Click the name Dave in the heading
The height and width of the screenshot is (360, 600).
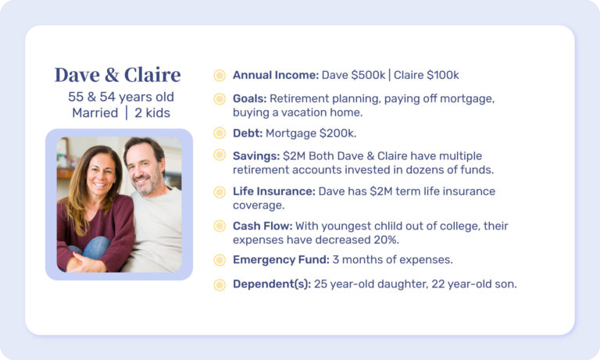(76, 75)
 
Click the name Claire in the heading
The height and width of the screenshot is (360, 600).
(152, 75)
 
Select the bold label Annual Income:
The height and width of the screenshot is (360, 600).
(276, 75)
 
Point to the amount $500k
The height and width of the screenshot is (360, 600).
(368, 75)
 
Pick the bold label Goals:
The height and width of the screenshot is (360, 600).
(249, 98)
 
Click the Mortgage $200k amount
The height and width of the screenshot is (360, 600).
(311, 133)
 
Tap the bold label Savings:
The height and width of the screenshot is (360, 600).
(256, 156)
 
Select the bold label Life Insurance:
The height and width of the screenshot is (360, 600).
(274, 191)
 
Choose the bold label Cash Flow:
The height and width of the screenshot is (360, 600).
(262, 226)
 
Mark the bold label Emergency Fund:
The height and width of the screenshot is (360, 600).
(281, 260)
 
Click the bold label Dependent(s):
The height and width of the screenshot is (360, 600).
(272, 284)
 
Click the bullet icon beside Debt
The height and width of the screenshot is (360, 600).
(220, 133)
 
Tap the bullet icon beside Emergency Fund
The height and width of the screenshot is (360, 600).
(220, 260)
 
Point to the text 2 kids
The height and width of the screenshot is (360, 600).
(152, 113)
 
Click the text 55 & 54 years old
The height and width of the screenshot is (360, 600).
(121, 97)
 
